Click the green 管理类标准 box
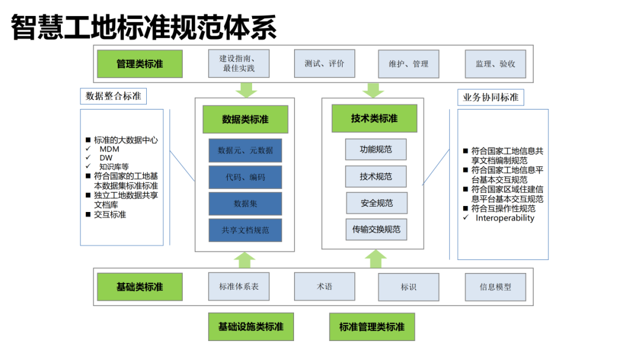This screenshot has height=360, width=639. click(x=140, y=63)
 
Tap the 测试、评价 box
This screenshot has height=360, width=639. click(x=324, y=63)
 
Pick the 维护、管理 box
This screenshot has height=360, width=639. click(x=408, y=63)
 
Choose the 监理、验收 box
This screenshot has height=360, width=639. click(x=495, y=63)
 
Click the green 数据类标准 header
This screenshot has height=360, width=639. click(x=245, y=119)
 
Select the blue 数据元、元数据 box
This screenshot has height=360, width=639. click(x=245, y=150)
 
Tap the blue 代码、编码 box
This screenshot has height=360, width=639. click(x=245, y=177)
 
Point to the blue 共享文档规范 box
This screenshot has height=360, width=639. click(x=245, y=230)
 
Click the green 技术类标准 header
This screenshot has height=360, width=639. click(x=374, y=118)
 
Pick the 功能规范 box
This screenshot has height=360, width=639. click(x=376, y=149)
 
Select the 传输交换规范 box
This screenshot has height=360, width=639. click(x=376, y=229)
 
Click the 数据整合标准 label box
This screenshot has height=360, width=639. click(x=114, y=96)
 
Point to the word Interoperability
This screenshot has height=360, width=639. click(x=505, y=218)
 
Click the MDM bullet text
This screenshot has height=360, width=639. click(x=109, y=149)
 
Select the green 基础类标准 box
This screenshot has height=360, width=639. click(x=140, y=287)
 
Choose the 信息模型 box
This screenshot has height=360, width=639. click(x=495, y=287)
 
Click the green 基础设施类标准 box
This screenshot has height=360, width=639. click(x=251, y=327)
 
